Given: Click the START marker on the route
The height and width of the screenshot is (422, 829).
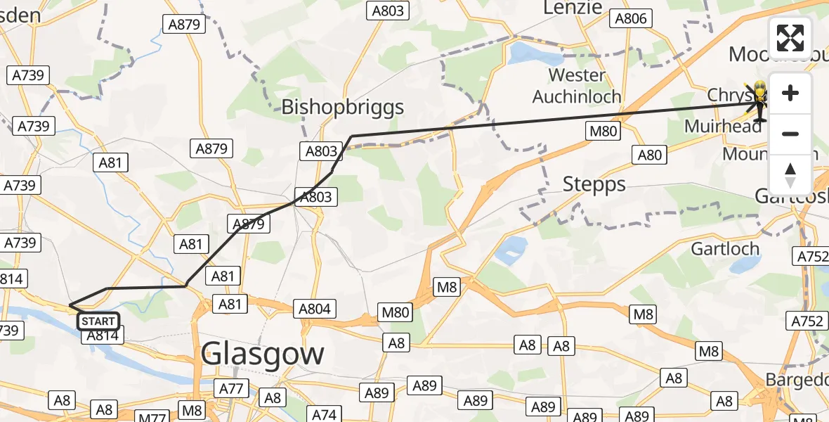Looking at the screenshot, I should (98, 321).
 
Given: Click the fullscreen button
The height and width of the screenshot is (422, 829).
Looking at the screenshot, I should (790, 38).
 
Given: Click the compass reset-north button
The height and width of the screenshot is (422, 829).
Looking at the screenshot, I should (790, 175).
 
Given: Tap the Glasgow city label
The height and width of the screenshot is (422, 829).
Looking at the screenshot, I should (263, 354).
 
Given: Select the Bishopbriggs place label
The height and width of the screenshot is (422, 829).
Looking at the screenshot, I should (343, 107).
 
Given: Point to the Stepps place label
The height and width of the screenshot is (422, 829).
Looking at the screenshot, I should (594, 185).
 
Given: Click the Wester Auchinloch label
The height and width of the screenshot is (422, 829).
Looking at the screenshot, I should (577, 85).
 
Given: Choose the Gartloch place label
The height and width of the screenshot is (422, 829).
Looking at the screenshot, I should (725, 248).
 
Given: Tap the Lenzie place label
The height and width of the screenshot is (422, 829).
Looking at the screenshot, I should (573, 8).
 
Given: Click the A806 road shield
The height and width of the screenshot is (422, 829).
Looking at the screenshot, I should (629, 19).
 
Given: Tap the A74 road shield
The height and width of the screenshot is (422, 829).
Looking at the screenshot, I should (324, 414).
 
